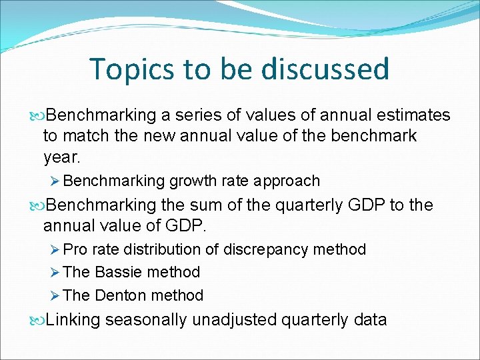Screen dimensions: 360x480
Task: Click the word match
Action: [83, 136]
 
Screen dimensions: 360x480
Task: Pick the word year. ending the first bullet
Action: [61, 157]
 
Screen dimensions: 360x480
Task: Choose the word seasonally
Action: [146, 320]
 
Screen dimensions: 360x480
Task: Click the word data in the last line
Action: [367, 320]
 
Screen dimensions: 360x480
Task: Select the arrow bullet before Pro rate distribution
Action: [55, 250]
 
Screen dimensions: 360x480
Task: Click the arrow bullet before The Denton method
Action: [55, 295]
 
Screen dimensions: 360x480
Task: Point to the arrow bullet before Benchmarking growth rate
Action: [55, 181]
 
